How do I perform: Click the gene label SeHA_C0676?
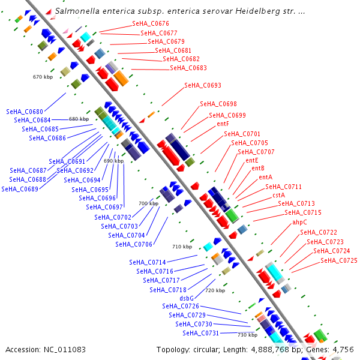click(x=151, y=23)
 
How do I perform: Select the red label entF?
click(x=223, y=124)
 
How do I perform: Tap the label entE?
click(x=252, y=160)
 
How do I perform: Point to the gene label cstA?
click(x=279, y=195)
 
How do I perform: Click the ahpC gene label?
click(x=299, y=222)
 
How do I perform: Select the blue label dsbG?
click(x=187, y=298)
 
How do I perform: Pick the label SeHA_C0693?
click(x=203, y=85)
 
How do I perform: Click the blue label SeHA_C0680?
click(x=25, y=112)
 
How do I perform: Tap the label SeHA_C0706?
click(x=134, y=244)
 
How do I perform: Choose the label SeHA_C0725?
click(x=339, y=260)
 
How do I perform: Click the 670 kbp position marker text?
click(x=43, y=77)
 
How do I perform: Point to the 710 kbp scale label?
click(x=182, y=247)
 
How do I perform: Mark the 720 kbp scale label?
click(x=215, y=290)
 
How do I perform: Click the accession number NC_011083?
click(x=65, y=350)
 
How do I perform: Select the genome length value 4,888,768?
click(x=270, y=350)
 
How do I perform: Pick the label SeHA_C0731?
click(x=201, y=333)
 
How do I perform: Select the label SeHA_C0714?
click(x=148, y=262)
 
